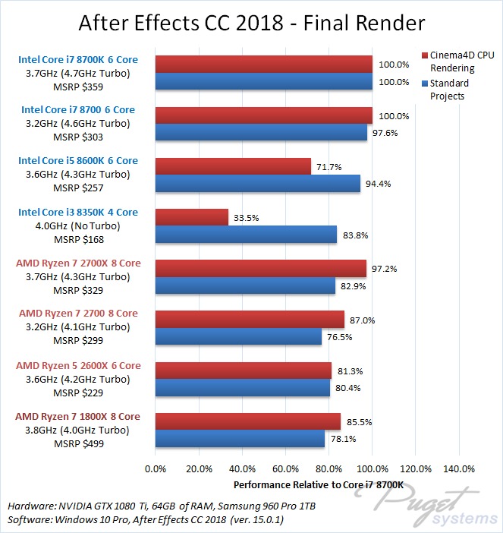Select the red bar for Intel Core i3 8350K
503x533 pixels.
tap(191, 217)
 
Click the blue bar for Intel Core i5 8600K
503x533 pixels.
tap(257, 184)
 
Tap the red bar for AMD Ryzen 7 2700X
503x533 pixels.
tap(260, 268)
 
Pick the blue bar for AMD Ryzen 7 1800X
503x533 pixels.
tap(240, 439)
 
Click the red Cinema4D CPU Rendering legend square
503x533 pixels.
tap(424, 56)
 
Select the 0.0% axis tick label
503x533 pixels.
tap(155, 468)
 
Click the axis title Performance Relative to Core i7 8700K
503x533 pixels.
tap(307, 484)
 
